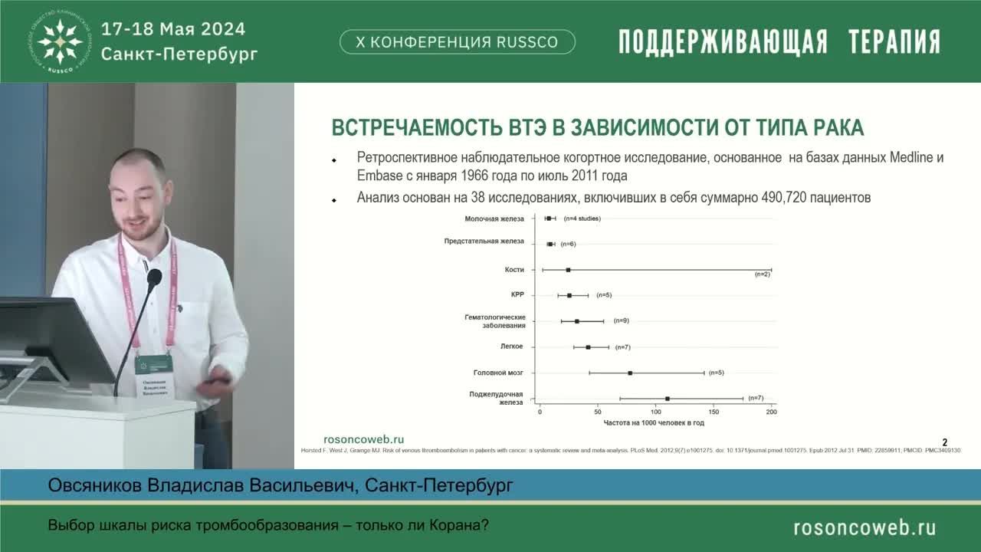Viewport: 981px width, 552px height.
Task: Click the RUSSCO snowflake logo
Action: point(61,41)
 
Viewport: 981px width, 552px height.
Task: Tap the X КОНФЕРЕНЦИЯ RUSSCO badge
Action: point(457,42)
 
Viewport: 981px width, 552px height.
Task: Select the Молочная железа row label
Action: point(494,219)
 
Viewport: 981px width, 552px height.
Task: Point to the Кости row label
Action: point(514,270)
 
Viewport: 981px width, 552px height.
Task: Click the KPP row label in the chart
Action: point(517,295)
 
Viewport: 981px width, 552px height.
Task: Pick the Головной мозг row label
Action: point(499,373)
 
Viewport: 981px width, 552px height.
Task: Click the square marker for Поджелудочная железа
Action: point(668,399)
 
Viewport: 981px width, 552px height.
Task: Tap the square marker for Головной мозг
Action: point(630,373)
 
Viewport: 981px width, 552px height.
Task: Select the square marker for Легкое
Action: point(588,347)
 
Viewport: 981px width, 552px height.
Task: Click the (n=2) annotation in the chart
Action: point(762,274)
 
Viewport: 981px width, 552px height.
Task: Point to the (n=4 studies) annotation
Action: point(582,219)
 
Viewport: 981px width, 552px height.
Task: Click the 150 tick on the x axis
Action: point(714,412)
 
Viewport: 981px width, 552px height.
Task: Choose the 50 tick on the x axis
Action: point(598,412)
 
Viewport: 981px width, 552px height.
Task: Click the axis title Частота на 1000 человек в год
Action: point(654,423)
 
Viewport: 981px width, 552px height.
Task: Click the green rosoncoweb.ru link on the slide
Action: point(364,439)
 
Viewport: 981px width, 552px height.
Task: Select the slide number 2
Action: point(945,442)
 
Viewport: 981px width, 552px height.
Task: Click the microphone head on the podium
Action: point(154,277)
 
